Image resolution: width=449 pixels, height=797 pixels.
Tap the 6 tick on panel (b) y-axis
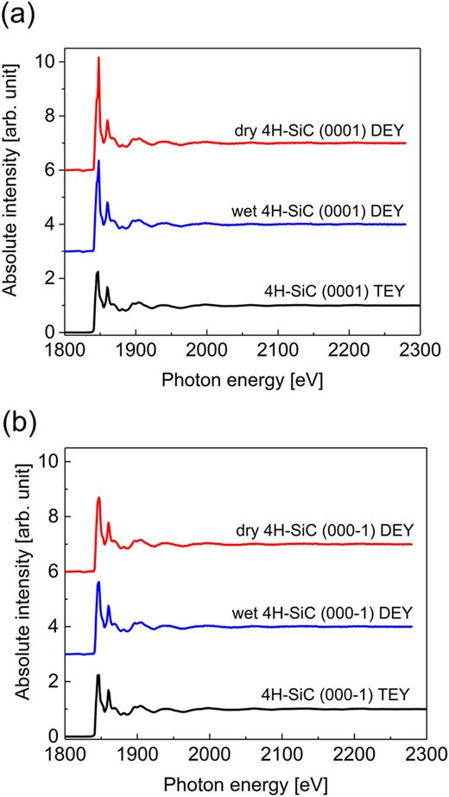51,572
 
